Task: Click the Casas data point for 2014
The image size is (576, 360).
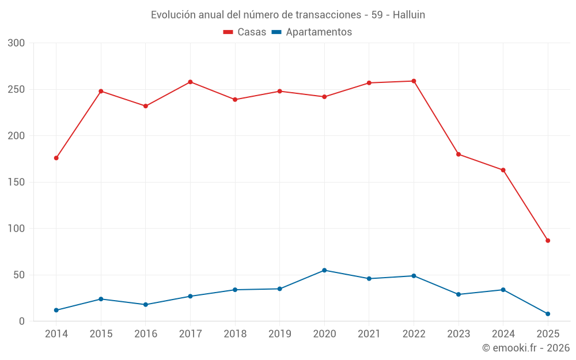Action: [56, 158]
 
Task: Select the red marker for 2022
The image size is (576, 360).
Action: [414, 81]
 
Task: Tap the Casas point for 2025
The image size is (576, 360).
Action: [548, 241]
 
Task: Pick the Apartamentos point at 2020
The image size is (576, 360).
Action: [324, 270]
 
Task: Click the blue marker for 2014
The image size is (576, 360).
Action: [56, 310]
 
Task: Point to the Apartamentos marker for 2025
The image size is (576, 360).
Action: [548, 314]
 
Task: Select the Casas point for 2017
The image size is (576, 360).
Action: [190, 82]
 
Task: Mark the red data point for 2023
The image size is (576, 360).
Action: [458, 154]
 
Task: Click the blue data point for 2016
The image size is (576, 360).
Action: [146, 305]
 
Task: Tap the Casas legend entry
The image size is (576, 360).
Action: [245, 32]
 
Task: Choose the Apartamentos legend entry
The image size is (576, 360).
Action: [312, 32]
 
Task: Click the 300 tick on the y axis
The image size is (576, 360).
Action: [17, 43]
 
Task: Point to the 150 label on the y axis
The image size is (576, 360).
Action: [17, 182]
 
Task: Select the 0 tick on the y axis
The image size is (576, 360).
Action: [22, 321]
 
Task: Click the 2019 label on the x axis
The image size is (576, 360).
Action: [279, 334]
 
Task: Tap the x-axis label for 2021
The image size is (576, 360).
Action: [369, 334]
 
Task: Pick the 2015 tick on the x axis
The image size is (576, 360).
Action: [101, 334]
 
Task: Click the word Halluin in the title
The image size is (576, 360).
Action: [409, 15]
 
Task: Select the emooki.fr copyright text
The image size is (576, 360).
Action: [525, 348]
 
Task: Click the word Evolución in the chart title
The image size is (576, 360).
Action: [169, 15]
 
